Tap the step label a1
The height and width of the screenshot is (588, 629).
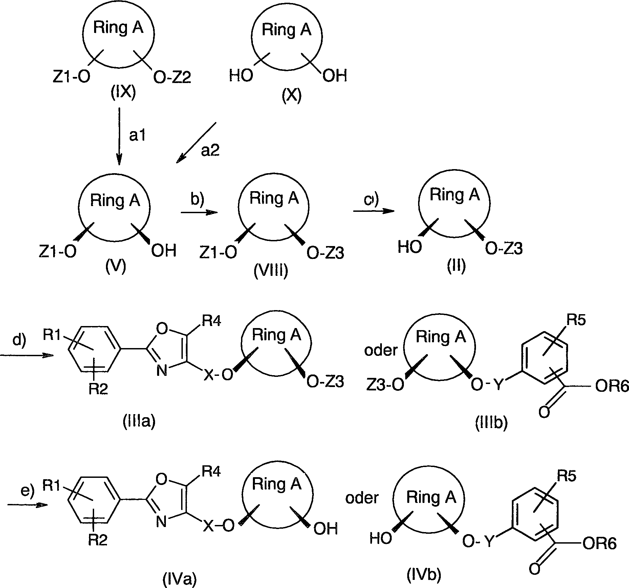pyautogui.click(x=137, y=136)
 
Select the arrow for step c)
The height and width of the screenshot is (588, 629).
pyautogui.click(x=374, y=211)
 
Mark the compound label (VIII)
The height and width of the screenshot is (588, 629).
pyautogui.click(x=271, y=271)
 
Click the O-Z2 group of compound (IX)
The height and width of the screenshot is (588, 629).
pyautogui.click(x=172, y=78)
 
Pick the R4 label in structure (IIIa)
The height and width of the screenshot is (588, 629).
pyautogui.click(x=212, y=321)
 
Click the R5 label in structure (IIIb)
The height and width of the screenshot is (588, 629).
pyautogui.click(x=577, y=320)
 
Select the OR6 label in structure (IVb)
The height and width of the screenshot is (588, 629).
pyautogui.click(x=599, y=544)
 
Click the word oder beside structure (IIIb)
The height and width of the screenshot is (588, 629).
pyautogui.click(x=381, y=350)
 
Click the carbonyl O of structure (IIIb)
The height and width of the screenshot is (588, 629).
pyautogui.click(x=544, y=413)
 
